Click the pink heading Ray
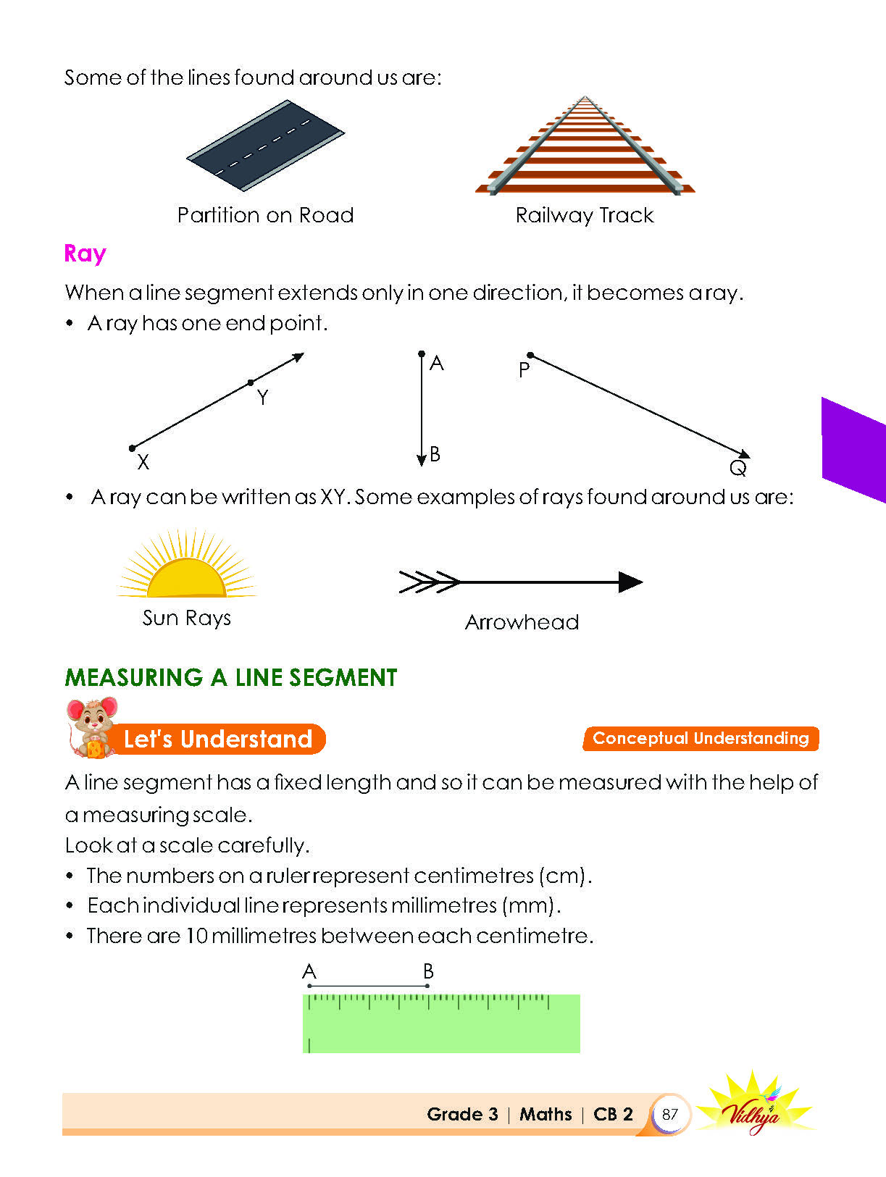(x=85, y=253)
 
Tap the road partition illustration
(x=265, y=146)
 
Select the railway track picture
(x=585, y=145)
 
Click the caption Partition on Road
(x=265, y=215)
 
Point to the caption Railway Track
(x=585, y=216)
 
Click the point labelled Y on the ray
(x=251, y=382)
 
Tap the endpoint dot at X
(x=132, y=448)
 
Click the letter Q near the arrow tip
(x=738, y=468)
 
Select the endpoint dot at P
(x=530, y=355)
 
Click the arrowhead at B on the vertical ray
(x=422, y=461)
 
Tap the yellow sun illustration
(x=186, y=563)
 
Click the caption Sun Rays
(x=187, y=619)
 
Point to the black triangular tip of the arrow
(x=630, y=582)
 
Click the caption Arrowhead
(x=522, y=622)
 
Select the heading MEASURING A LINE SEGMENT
(x=230, y=677)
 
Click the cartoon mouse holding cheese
(x=91, y=727)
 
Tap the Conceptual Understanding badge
(x=701, y=738)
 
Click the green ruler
(x=441, y=1023)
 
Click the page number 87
(x=670, y=1114)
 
